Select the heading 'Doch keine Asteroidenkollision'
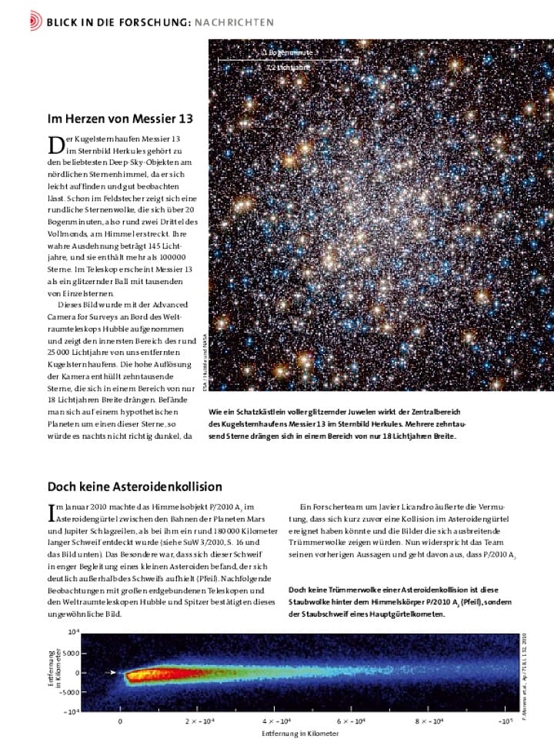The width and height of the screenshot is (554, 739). pyautogui.click(x=135, y=487)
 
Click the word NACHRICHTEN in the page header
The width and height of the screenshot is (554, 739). pyautogui.click(x=234, y=22)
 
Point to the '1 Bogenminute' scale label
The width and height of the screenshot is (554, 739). pyautogui.click(x=287, y=52)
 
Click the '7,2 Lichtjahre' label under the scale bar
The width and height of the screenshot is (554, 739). pyautogui.click(x=287, y=68)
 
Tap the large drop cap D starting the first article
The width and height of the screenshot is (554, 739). pyautogui.click(x=55, y=144)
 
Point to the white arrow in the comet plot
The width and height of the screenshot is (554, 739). pyautogui.click(x=112, y=672)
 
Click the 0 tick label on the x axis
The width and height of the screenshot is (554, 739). pyautogui.click(x=120, y=721)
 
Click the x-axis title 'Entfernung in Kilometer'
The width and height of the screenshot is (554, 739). pyautogui.click(x=300, y=734)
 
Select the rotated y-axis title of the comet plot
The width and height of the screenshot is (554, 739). pyautogui.click(x=55, y=672)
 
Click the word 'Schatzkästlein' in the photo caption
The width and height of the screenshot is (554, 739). pyautogui.click(x=259, y=412)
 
